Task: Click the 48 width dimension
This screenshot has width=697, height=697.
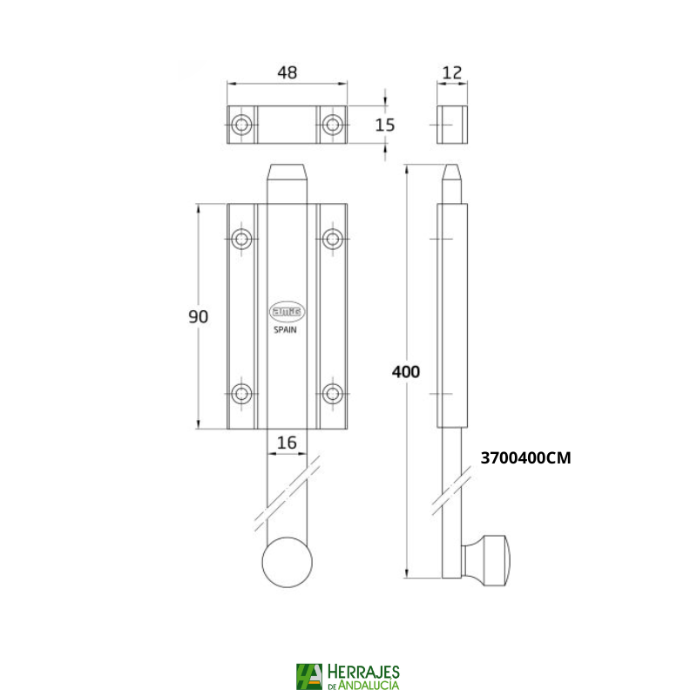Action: point(287,73)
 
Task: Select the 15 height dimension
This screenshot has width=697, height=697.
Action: point(384,125)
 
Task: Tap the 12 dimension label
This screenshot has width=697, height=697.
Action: point(451,73)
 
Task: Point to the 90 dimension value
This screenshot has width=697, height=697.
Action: point(199,317)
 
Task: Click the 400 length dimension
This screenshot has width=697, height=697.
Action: point(406,371)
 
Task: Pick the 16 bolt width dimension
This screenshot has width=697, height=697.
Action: point(287,443)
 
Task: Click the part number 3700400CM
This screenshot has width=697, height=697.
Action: point(525,457)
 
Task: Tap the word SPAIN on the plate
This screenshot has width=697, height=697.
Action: point(287,330)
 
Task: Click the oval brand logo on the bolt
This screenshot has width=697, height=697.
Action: point(287,311)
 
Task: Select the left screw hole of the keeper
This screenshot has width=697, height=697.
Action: point(241,125)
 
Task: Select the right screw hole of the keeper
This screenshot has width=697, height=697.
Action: point(332,125)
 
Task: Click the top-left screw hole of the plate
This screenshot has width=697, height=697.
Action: point(241,239)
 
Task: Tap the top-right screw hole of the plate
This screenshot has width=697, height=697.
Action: point(332,239)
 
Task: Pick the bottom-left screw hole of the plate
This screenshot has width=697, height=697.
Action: point(241,393)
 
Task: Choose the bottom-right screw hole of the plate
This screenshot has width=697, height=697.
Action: point(332,393)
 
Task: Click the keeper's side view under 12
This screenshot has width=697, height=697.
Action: point(451,125)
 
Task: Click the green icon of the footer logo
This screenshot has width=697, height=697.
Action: point(308,677)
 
